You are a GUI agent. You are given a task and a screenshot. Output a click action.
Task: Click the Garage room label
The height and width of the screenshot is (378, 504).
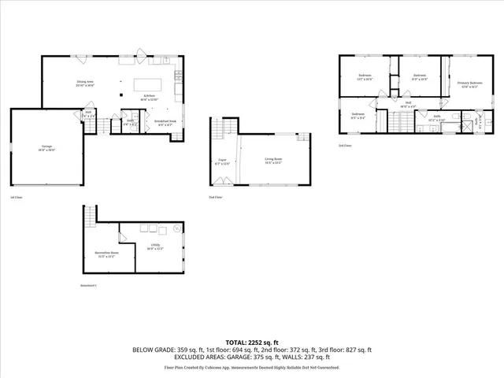pyautogui.click(x=47, y=147)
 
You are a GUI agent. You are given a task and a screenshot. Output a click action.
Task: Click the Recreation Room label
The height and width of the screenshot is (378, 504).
pyautogui.click(x=106, y=254)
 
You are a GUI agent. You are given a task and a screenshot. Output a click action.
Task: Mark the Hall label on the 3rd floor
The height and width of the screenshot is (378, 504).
pyautogui.click(x=409, y=102)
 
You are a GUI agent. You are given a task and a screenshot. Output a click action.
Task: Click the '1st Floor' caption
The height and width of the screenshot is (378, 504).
pyautogui.click(x=16, y=197)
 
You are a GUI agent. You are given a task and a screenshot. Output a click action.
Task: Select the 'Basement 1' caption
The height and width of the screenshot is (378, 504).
pyautogui.click(x=88, y=285)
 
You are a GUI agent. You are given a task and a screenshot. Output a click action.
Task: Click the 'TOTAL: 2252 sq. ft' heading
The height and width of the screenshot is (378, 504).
pyautogui.click(x=251, y=343)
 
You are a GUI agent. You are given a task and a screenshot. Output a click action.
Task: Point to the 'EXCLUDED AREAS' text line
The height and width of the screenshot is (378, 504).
pyautogui.click(x=251, y=357)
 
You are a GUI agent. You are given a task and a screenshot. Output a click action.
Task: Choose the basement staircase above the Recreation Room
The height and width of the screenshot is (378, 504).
pyautogui.click(x=90, y=213)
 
